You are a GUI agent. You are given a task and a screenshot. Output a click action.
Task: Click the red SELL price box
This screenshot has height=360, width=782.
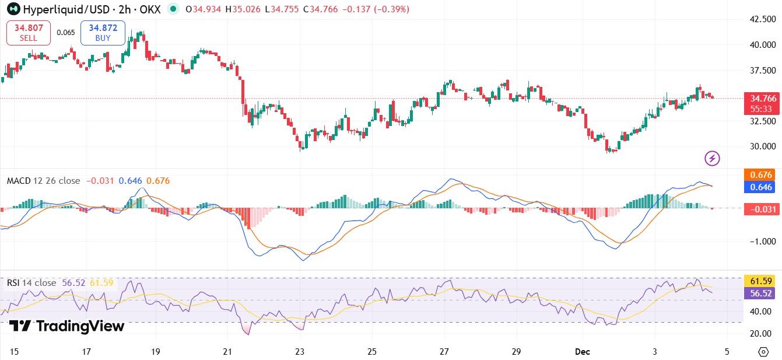(29, 33)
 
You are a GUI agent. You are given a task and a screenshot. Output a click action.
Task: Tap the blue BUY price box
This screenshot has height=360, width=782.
(103, 33)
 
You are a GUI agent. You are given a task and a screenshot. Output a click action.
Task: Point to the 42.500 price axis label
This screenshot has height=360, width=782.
(762, 19)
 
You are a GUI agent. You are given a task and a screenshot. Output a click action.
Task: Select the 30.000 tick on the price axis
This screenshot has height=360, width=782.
(762, 146)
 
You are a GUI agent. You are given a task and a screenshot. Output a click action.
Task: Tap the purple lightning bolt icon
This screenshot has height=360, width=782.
(712, 158)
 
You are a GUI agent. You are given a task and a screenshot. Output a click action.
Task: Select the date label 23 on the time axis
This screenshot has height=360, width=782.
(300, 352)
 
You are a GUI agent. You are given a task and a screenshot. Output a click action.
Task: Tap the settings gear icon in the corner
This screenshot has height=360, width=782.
(763, 351)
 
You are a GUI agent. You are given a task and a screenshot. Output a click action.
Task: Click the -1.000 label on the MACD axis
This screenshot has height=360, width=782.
(762, 242)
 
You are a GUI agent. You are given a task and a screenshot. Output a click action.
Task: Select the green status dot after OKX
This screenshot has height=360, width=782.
(173, 9)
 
